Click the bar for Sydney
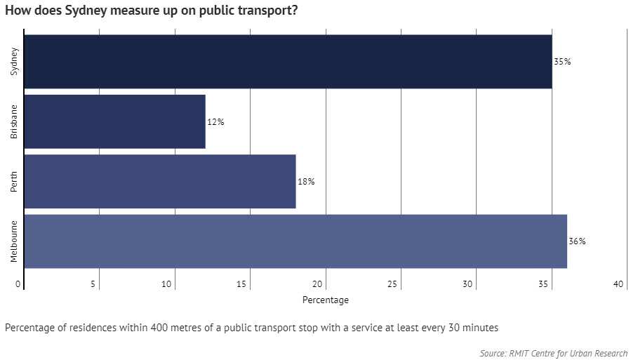click(x=288, y=62)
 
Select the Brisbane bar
click(x=114, y=122)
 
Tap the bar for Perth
click(x=160, y=182)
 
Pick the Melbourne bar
click(x=295, y=242)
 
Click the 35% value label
click(x=562, y=62)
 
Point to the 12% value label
click(x=215, y=122)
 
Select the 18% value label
click(x=306, y=182)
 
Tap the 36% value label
click(x=577, y=242)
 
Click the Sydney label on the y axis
click(x=14, y=62)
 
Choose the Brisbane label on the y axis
click(x=14, y=122)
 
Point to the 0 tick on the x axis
click(x=18, y=284)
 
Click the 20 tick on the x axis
click(x=318, y=284)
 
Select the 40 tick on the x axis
click(x=618, y=284)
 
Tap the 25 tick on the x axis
click(x=393, y=284)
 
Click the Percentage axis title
click(x=325, y=300)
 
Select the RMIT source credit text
click(x=554, y=354)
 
